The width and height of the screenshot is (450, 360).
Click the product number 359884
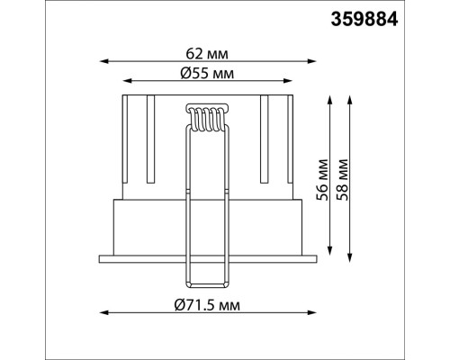pos(364,20)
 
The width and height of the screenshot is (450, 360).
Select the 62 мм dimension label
pos(207,54)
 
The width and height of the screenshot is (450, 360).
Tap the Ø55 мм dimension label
pos(207,73)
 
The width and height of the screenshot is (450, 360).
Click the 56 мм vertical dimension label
pos(322,180)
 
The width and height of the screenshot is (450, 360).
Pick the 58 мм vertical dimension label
pos(342,180)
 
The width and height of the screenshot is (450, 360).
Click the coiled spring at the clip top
pos(207,118)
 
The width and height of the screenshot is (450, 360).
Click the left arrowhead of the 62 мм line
pos(103,61)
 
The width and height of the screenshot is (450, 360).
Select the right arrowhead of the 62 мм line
pos(312,61)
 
